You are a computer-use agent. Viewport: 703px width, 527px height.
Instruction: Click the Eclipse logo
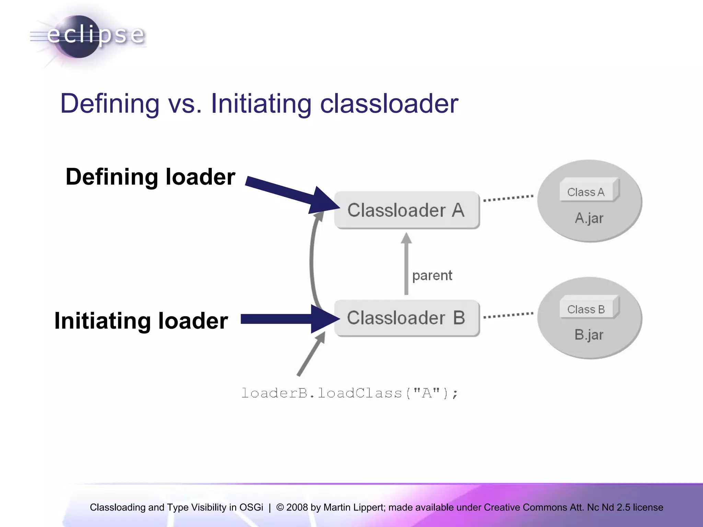tap(88, 36)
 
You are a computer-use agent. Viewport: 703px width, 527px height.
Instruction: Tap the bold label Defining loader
tap(150, 177)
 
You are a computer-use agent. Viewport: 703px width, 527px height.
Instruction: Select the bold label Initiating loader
tap(141, 321)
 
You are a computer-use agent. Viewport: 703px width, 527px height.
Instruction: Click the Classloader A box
tap(407, 210)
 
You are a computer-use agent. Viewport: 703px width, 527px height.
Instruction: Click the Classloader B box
tap(407, 318)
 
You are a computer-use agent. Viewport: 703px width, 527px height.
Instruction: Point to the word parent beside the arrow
tap(432, 276)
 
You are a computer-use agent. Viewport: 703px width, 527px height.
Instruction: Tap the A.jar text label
tap(589, 218)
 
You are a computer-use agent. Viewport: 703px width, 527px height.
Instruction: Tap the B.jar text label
tap(589, 335)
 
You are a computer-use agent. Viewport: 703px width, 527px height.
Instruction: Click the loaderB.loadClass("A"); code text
tap(349, 393)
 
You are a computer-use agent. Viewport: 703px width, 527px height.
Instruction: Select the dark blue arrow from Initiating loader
tap(285, 319)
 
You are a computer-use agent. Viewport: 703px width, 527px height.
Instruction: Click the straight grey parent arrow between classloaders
tap(406, 264)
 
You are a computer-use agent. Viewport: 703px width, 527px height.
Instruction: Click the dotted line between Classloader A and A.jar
tap(508, 198)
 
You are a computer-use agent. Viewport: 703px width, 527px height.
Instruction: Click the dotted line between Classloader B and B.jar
tap(508, 315)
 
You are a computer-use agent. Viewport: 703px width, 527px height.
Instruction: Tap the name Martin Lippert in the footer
tap(354, 507)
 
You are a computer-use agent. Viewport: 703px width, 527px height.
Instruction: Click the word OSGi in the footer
tap(251, 507)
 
